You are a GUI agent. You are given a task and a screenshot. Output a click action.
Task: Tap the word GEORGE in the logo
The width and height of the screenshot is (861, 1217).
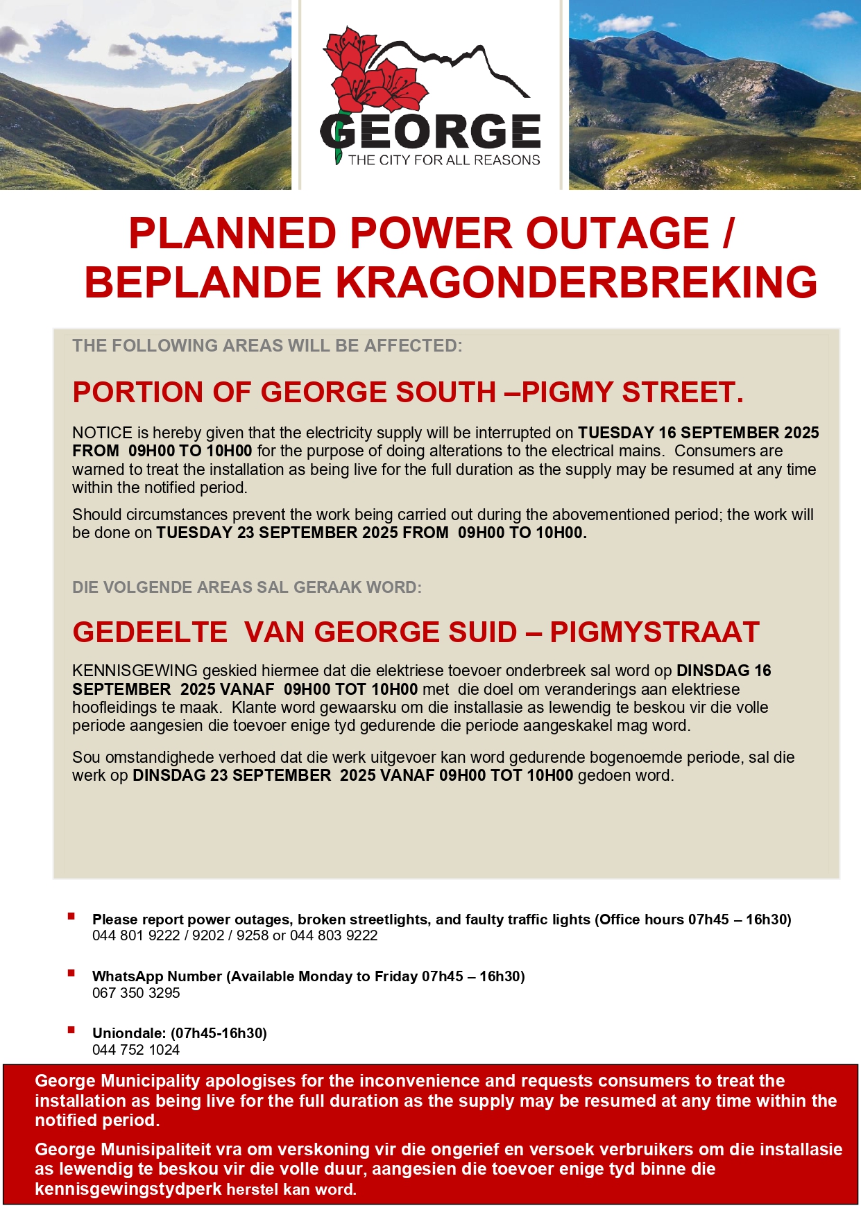point(430,132)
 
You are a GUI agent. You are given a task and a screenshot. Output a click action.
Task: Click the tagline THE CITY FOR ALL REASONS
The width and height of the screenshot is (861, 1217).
point(444,160)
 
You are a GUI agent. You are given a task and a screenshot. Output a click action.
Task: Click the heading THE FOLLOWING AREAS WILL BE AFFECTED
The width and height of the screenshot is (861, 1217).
point(267,345)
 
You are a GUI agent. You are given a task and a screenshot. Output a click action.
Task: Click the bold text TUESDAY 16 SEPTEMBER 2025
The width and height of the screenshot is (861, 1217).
point(698,433)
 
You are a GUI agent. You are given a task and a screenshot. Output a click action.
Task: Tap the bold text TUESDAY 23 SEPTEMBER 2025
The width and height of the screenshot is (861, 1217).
point(278,533)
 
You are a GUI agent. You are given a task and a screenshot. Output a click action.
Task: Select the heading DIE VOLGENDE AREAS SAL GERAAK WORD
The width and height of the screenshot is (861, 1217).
point(247,587)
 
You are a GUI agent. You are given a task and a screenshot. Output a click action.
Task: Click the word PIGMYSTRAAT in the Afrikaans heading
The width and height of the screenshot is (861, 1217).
point(654,632)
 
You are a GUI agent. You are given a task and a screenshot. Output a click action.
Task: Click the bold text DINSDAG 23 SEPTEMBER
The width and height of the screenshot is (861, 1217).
point(232,775)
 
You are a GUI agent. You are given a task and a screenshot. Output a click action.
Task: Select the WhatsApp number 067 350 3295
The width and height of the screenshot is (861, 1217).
point(136,993)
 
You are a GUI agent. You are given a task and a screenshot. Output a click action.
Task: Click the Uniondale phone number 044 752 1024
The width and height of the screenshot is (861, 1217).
point(136,1050)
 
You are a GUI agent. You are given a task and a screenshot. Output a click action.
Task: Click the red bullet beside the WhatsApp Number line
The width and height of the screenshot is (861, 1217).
point(71,974)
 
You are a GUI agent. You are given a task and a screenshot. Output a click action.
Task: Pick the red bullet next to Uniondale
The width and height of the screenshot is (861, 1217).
point(71,1030)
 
